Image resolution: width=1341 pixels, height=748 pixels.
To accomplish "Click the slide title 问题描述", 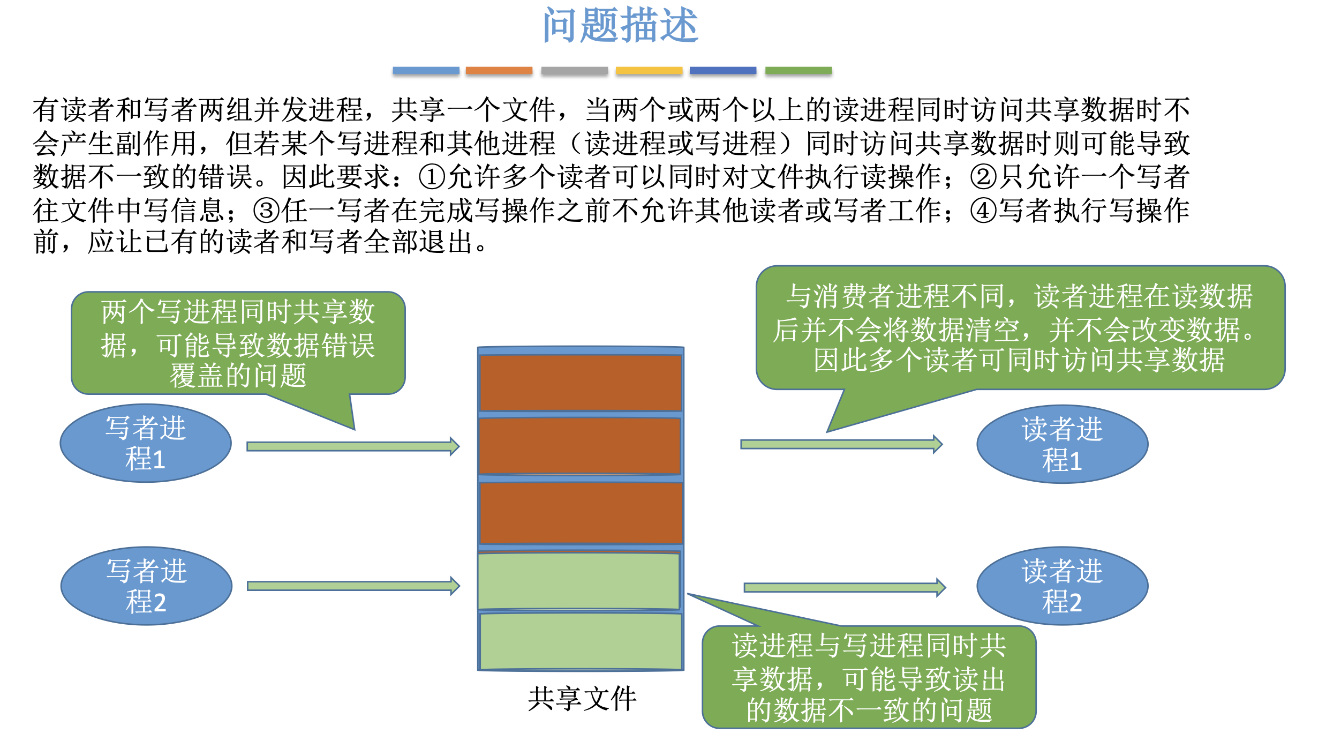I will click(x=620, y=25).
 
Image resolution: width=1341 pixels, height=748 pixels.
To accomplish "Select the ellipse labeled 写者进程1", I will click(x=146, y=443).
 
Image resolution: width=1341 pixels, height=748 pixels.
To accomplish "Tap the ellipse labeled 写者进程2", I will click(x=146, y=586).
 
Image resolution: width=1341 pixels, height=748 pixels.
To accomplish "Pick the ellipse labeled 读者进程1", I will click(x=1062, y=444).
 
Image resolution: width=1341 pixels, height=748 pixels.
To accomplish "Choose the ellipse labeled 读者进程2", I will click(x=1062, y=586).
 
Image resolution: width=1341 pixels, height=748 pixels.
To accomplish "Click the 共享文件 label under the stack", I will click(x=582, y=699).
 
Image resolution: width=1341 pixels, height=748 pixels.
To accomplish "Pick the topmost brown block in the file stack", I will click(x=581, y=383).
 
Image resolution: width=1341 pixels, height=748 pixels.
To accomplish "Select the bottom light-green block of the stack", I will click(x=581, y=641).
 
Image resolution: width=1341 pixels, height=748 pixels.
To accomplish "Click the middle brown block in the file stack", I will click(x=580, y=446).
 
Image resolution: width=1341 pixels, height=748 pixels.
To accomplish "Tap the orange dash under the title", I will click(x=499, y=71).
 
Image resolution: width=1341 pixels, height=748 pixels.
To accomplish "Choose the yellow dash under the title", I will click(x=649, y=71).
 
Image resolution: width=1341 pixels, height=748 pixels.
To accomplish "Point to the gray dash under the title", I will click(x=574, y=71).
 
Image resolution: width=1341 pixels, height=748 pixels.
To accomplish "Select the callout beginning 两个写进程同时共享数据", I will click(x=238, y=343).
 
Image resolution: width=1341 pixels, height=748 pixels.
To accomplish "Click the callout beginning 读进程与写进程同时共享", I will click(x=869, y=677).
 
